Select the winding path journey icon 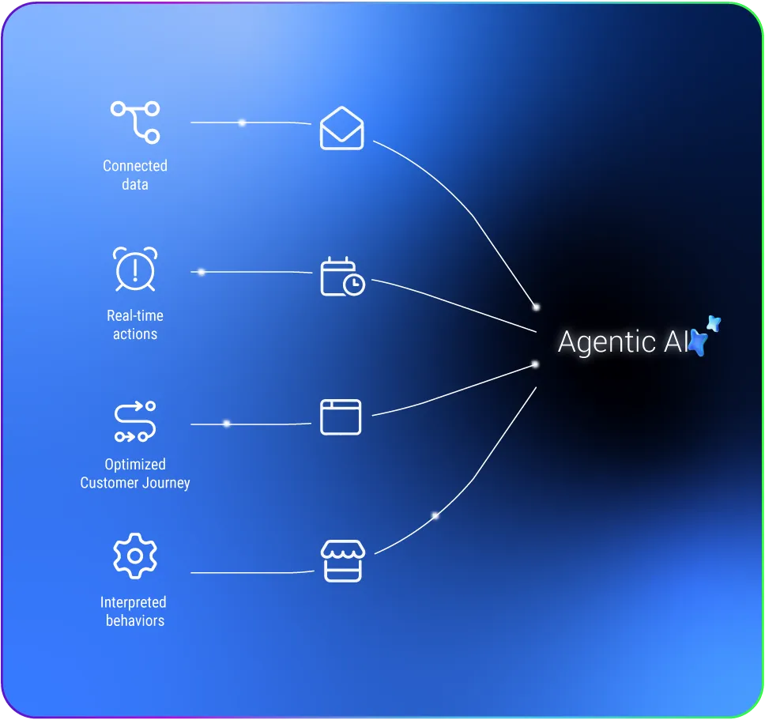(x=135, y=421)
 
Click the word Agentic (x=606, y=342)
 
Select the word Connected (x=135, y=166)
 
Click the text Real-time (x=135, y=315)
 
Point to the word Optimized (x=135, y=465)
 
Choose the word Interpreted (x=134, y=602)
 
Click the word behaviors (x=135, y=620)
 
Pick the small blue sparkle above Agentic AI (x=714, y=323)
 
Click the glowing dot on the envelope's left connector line (x=242, y=123)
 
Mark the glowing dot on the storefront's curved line (x=435, y=515)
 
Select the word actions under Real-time (x=135, y=334)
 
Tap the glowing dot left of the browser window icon (x=226, y=424)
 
